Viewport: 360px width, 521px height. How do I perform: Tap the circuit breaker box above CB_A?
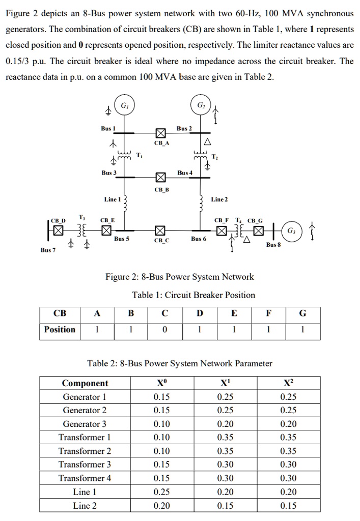click(x=160, y=134)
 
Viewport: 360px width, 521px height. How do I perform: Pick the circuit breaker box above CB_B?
click(x=160, y=178)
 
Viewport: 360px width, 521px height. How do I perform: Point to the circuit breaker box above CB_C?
click(x=160, y=230)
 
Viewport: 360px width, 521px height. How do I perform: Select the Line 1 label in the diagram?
click(x=112, y=199)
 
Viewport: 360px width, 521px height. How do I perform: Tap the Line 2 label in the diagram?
click(x=219, y=199)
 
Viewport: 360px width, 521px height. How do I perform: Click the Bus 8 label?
click(x=273, y=245)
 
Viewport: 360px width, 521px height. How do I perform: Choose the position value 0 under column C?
click(x=164, y=330)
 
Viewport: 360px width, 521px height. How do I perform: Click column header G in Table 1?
click(x=303, y=313)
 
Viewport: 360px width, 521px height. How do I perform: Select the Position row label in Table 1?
click(x=60, y=330)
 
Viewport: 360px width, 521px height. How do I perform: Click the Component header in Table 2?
click(x=85, y=383)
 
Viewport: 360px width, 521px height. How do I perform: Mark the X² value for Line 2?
click(x=288, y=506)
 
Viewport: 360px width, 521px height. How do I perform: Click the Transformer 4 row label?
click(x=85, y=478)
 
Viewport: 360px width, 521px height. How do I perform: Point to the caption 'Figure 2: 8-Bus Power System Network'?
click(x=179, y=277)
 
